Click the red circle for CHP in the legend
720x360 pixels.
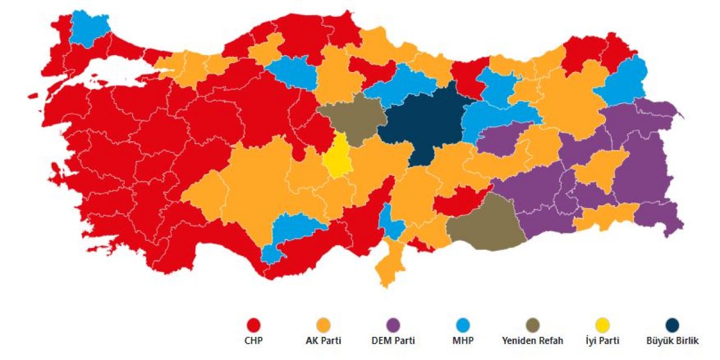pyautogui.click(x=254, y=325)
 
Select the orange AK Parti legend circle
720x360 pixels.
pyautogui.click(x=323, y=325)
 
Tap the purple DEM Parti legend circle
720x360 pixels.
pyautogui.click(x=393, y=325)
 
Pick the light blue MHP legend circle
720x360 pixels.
pyautogui.click(x=463, y=325)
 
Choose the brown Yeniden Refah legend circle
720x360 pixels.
pyautogui.click(x=532, y=325)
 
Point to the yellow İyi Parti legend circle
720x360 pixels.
pyautogui.click(x=602, y=325)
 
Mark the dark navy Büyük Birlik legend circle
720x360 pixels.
pyautogui.click(x=672, y=325)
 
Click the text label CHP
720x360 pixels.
pyautogui.click(x=254, y=341)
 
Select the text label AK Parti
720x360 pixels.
pyautogui.click(x=323, y=341)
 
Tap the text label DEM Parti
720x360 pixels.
pyautogui.click(x=393, y=341)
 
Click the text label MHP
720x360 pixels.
pyautogui.click(x=463, y=341)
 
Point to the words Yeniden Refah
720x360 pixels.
pyautogui.click(x=532, y=341)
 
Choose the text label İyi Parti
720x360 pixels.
pyautogui.click(x=602, y=341)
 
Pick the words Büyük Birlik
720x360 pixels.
pyautogui.click(x=672, y=341)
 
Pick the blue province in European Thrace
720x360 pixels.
pyautogui.click(x=89, y=28)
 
